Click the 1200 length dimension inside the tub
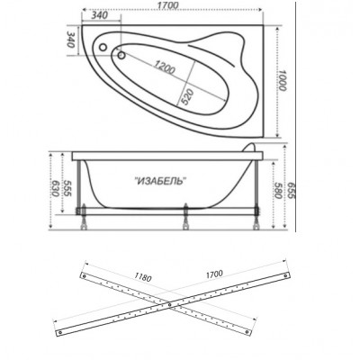coord(165,67)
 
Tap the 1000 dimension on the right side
coord(282,80)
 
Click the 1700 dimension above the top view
coord(168,5)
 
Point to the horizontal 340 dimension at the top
coord(99,16)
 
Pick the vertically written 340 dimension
coord(70,40)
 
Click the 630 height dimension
coord(55,188)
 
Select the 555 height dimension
coord(67,188)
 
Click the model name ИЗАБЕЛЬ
coord(160,181)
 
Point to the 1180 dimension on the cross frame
coord(143,277)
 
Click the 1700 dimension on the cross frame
coord(214,274)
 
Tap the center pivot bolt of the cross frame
coord(170,305)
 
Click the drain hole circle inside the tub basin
coord(121,55)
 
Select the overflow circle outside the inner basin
coord(103,48)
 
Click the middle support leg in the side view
coord(186,217)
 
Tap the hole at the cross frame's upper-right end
coord(286,276)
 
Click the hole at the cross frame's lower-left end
coord(60,332)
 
